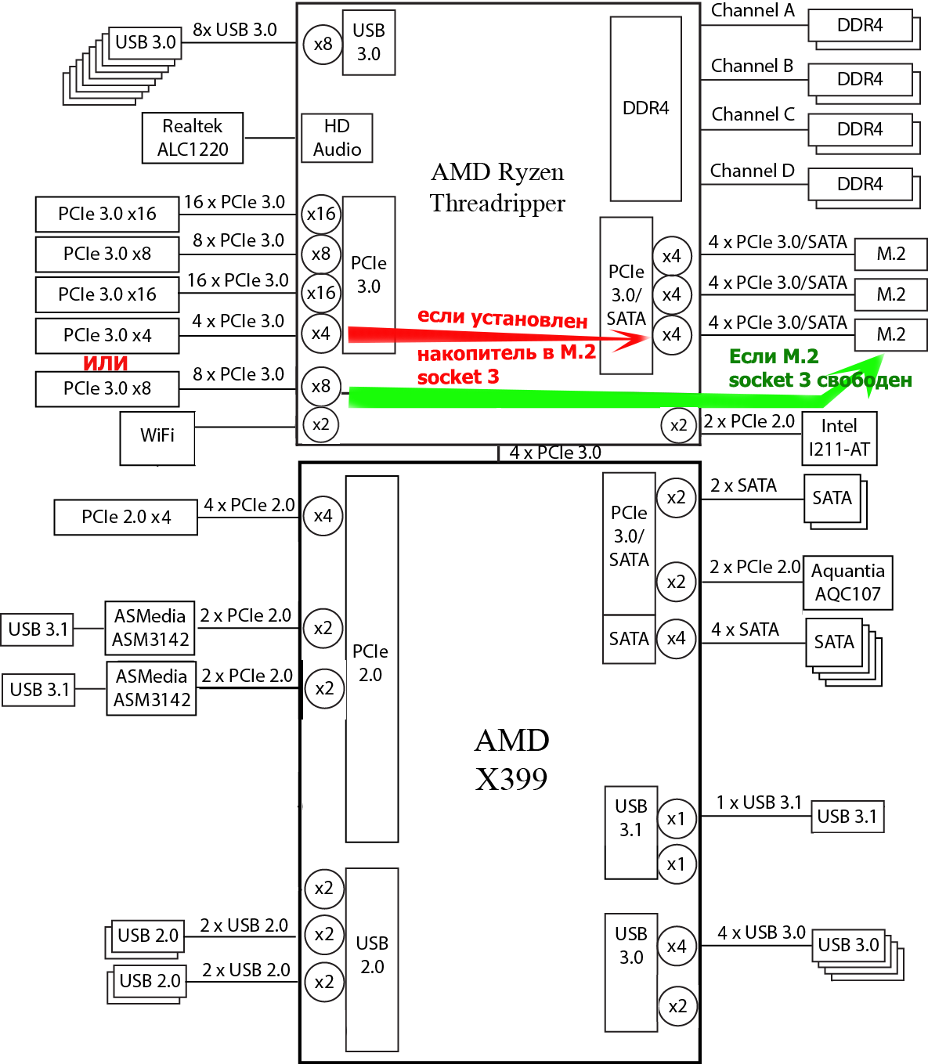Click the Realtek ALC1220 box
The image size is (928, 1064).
193,138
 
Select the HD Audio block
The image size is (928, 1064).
337,138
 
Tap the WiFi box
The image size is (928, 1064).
157,437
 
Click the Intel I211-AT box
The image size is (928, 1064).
839,438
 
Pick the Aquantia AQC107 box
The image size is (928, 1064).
847,582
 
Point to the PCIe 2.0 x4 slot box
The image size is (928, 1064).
125,518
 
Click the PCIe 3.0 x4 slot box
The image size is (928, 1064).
107,336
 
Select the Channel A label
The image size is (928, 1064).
752,11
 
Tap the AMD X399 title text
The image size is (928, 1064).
511,759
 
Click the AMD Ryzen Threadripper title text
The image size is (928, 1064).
497,188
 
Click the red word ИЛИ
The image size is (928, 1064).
106,363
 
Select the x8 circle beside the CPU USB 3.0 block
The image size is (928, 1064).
323,44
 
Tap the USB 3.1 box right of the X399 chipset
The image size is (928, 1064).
847,817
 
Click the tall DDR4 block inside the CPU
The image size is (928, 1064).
645,109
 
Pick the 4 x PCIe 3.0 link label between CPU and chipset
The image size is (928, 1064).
555,453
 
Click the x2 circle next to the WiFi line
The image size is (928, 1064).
321,425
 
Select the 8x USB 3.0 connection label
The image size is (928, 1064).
235,30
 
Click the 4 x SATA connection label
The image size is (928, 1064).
745,629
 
